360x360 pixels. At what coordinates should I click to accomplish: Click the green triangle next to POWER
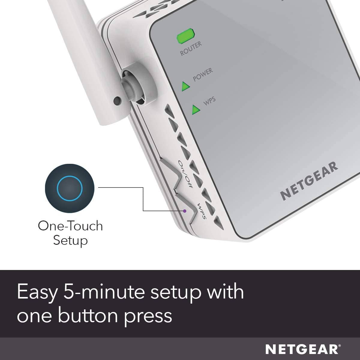185,86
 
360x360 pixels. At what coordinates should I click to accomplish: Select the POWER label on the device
203,74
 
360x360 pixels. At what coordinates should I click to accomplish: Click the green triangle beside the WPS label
196,109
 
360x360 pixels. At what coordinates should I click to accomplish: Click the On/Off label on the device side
185,174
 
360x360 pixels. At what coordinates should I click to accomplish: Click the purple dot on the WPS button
185,211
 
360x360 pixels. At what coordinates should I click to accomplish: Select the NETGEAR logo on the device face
309,181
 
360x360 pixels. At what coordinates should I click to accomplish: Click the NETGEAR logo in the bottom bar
302,349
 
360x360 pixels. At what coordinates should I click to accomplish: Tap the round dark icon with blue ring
69,188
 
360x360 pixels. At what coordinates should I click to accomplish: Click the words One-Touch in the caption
70,226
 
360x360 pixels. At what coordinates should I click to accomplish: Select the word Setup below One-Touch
70,241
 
